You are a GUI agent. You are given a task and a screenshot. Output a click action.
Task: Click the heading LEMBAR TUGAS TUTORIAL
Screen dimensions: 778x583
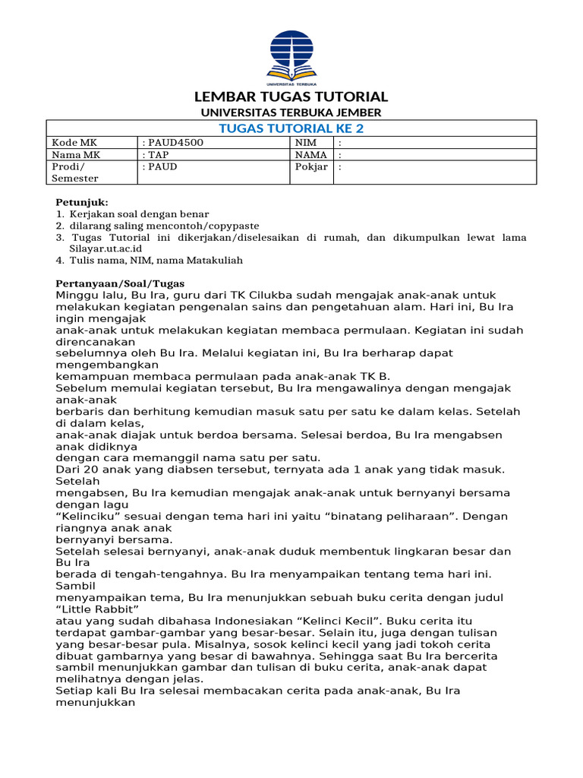click(x=291, y=97)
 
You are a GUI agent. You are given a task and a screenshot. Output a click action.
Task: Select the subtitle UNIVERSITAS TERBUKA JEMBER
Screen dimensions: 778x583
click(x=291, y=112)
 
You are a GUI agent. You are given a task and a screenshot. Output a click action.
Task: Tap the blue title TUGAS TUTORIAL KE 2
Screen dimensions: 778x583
click(x=291, y=128)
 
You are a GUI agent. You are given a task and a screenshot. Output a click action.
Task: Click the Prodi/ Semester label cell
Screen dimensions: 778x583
click(x=72, y=172)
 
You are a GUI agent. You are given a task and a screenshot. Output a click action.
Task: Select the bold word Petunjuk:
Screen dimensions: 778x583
click(x=83, y=203)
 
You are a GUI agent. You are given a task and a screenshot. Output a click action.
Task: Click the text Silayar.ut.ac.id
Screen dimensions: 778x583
click(x=106, y=248)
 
